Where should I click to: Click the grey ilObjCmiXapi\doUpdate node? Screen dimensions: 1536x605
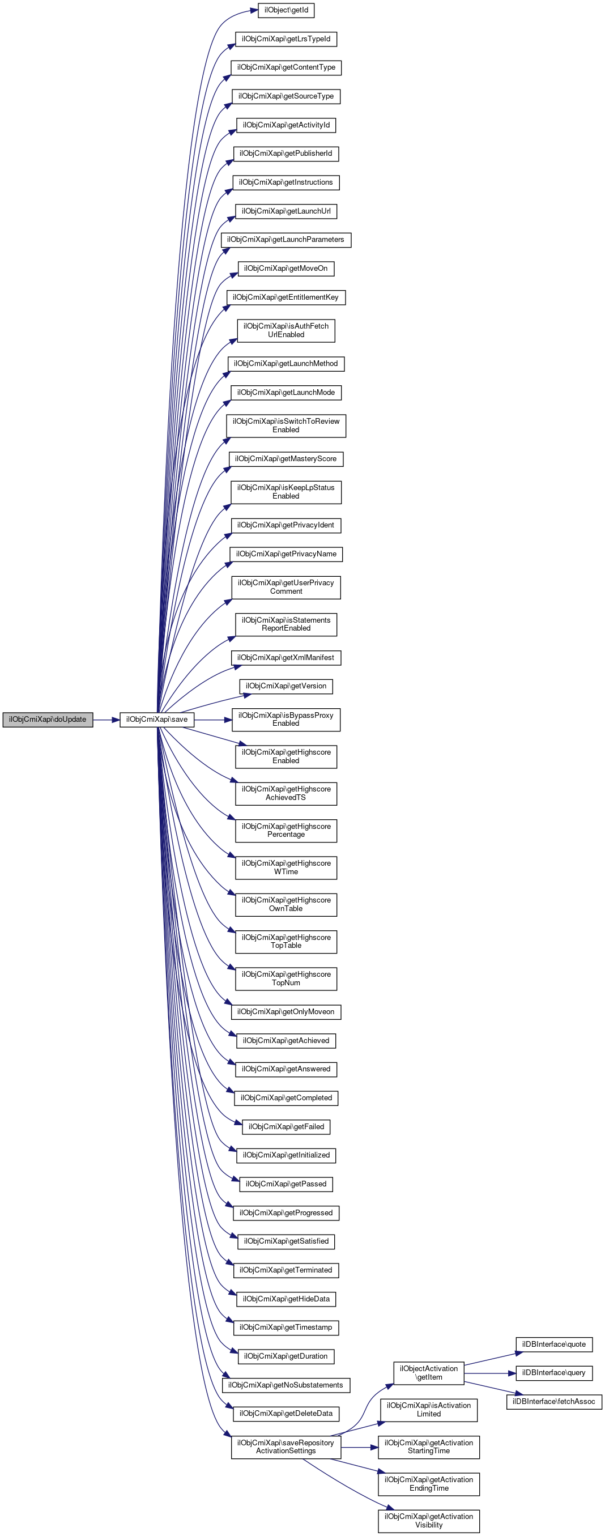[x=48, y=719]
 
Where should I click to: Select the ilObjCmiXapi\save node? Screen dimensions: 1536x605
[x=157, y=719]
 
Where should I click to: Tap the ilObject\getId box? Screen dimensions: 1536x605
[x=286, y=10]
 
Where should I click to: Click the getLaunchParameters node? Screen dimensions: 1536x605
[x=286, y=240]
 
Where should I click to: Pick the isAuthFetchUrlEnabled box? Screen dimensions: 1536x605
[x=286, y=330]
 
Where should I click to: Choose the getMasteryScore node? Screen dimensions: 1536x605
[x=286, y=458]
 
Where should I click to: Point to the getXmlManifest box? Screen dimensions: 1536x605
[x=286, y=658]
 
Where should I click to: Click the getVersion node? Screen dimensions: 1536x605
[x=286, y=686]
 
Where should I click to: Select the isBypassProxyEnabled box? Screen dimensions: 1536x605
[x=286, y=719]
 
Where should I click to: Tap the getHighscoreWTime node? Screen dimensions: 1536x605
[x=286, y=867]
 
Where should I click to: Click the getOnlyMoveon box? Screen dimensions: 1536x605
[x=286, y=1012]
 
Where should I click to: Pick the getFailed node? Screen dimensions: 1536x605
[x=286, y=1126]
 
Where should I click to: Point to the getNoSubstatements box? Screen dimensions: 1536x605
[x=286, y=1385]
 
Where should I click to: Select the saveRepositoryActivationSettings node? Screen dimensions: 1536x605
[x=286, y=1446]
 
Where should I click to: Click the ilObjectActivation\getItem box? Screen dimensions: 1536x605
[x=429, y=1373]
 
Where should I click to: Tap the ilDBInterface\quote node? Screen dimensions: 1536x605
[x=554, y=1344]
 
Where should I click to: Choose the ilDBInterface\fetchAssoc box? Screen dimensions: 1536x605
[x=554, y=1401]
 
